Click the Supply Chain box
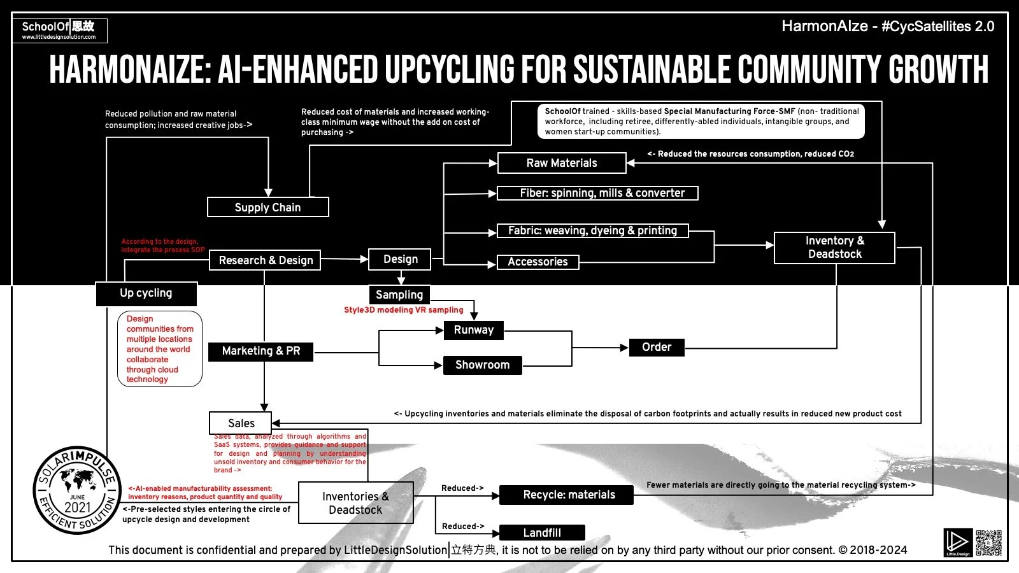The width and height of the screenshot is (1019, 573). tap(267, 207)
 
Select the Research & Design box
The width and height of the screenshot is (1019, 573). tap(265, 260)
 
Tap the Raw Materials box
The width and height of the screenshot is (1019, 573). tap(562, 163)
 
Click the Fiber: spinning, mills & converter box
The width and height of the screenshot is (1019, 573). tap(597, 193)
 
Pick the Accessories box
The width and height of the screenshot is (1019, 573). tap(538, 262)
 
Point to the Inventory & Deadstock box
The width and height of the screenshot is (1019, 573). tap(834, 247)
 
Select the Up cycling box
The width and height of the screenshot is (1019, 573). tap(146, 294)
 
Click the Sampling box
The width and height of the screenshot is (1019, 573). tap(399, 295)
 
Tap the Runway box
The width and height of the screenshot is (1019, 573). tap(473, 330)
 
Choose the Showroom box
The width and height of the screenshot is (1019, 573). tap(482, 365)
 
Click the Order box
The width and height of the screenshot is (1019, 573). tap(656, 347)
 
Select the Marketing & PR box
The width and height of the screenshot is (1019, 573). tap(260, 351)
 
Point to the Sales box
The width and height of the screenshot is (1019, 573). tap(241, 423)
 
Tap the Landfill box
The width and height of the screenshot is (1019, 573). tap(542, 532)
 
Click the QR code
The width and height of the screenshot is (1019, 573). tap(988, 542)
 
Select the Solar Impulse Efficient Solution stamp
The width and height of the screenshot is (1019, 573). tap(76, 490)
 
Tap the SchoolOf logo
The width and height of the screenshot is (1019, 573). tap(59, 29)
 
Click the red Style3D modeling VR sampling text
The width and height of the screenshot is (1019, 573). tap(404, 310)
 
